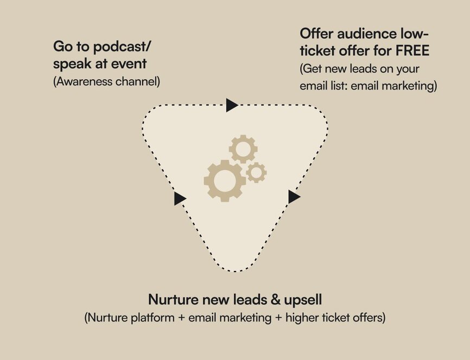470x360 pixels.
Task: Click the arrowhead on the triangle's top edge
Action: [x=231, y=105]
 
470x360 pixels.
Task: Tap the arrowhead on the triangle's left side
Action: [x=179, y=198]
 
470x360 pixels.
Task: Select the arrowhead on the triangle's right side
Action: [x=294, y=197]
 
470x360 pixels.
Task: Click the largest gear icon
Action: [x=224, y=181]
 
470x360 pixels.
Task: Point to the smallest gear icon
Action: [x=256, y=172]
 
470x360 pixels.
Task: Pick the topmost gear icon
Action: [x=243, y=149]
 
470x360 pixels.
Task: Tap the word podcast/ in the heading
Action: [x=122, y=47]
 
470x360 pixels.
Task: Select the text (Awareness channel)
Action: [x=106, y=81]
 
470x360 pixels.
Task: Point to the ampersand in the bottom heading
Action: [x=275, y=300]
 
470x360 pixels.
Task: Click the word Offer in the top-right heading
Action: [x=316, y=33]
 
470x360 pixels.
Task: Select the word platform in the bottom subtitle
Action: [x=153, y=318]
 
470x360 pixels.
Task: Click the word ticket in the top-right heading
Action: [x=317, y=50]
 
